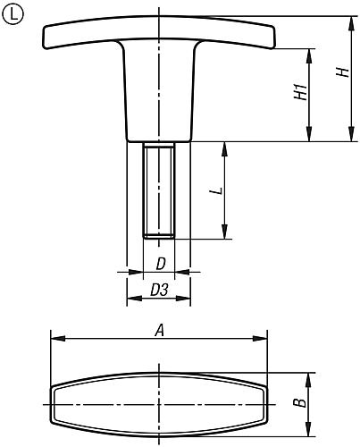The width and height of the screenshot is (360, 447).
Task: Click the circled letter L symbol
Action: point(13,14)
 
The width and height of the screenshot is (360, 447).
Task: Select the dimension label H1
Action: point(300,92)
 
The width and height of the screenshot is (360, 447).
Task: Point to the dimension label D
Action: point(161,264)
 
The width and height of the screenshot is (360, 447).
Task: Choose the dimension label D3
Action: point(159,290)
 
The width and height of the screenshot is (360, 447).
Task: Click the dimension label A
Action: point(160,331)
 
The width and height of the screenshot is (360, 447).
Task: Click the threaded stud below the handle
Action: point(159,190)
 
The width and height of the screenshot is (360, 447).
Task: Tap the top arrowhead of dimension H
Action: point(352,23)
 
